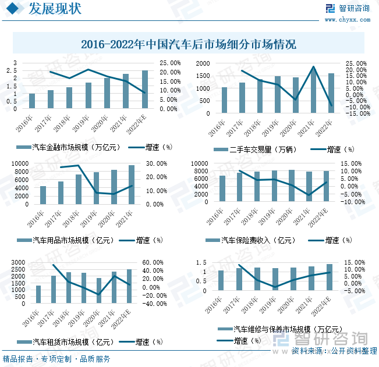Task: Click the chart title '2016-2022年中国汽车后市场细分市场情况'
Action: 189,44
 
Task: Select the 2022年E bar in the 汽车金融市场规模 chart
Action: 145,90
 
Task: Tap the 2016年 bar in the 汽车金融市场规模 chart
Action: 32,102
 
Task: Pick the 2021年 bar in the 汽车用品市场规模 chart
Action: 132,185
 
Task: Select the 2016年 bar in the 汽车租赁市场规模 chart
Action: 38,295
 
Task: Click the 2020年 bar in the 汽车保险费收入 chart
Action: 292,186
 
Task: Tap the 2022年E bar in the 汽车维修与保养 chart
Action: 330,285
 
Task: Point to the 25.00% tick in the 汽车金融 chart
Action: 163,63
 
